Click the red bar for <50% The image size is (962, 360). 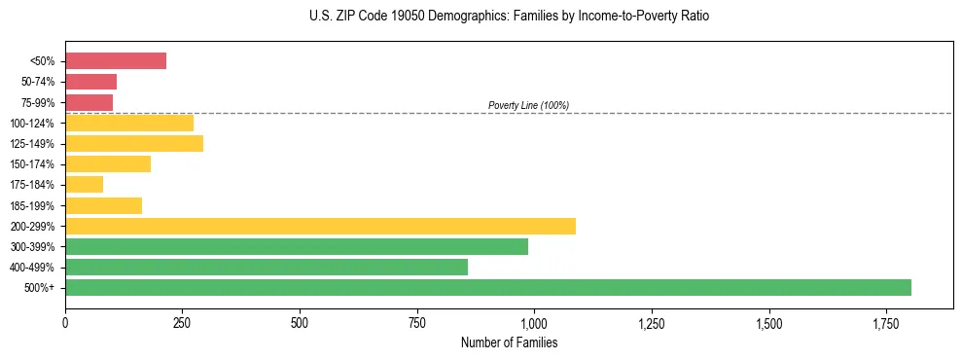pos(116,61)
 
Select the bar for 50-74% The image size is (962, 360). pos(90,82)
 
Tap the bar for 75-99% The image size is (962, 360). pos(89,102)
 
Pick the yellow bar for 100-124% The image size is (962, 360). pos(129,123)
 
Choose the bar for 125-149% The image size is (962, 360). pos(134,144)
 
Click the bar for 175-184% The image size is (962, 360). pos(84,185)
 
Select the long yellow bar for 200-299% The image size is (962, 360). pos(320,226)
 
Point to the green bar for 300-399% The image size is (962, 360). pos(297,246)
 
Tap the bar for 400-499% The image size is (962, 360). pos(267,267)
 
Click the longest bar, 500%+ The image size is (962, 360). pos(488,287)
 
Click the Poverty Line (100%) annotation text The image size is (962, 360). pos(528,105)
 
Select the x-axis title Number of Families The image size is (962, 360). pos(509,342)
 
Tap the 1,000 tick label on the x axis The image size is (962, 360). pos(534,322)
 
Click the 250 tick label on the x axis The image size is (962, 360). pos(183,322)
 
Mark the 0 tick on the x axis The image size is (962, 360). pos(65,322)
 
